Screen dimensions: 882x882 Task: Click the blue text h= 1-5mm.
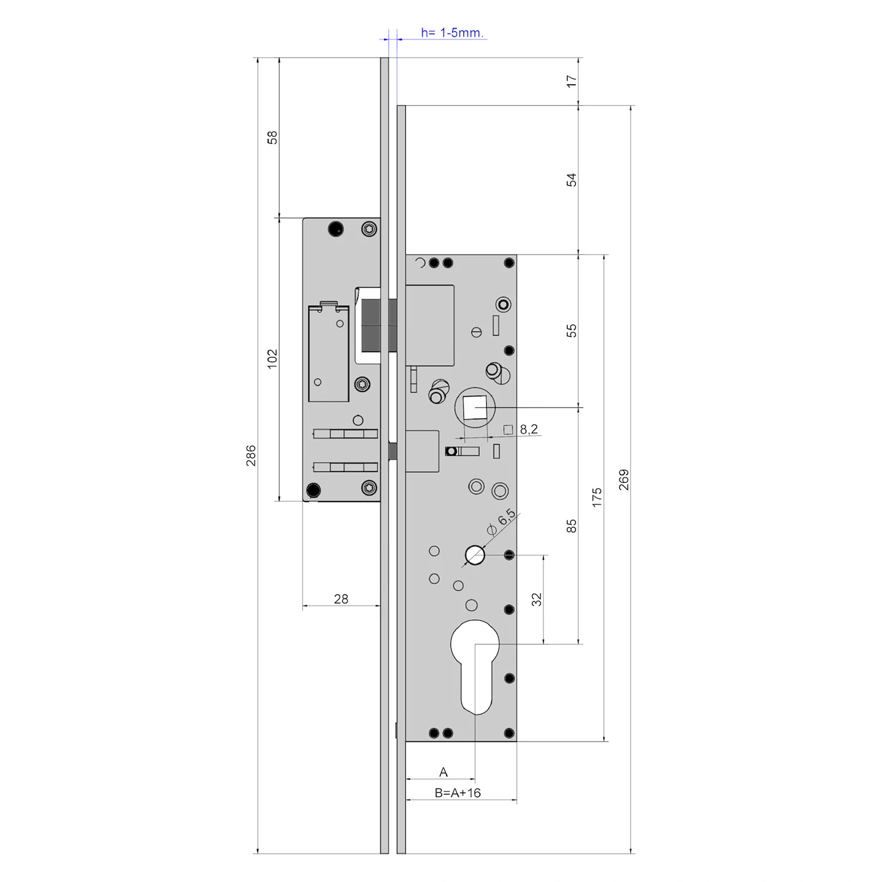452,33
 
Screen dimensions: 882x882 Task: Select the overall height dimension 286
251,456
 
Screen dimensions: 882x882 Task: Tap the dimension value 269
624,480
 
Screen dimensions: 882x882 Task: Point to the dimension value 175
597,497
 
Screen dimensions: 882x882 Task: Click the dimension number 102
272,359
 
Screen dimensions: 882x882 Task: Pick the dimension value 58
272,138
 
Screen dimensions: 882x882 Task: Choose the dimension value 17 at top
572,81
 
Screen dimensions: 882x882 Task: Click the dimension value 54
572,180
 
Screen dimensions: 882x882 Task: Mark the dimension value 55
572,330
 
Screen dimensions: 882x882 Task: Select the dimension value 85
572,526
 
